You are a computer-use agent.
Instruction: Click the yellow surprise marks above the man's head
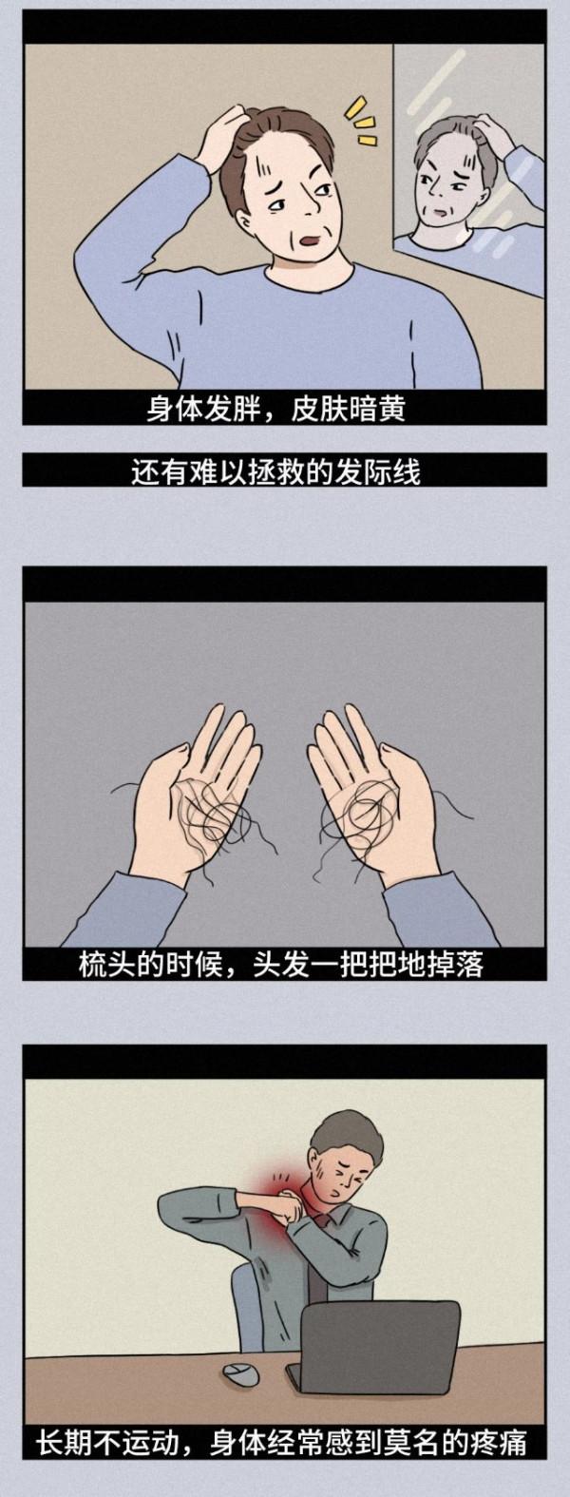tap(359, 120)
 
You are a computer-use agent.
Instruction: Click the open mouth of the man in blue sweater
tap(312, 243)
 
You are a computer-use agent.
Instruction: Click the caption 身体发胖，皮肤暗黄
tap(275, 410)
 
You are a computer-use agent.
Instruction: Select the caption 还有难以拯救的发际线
tap(275, 470)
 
